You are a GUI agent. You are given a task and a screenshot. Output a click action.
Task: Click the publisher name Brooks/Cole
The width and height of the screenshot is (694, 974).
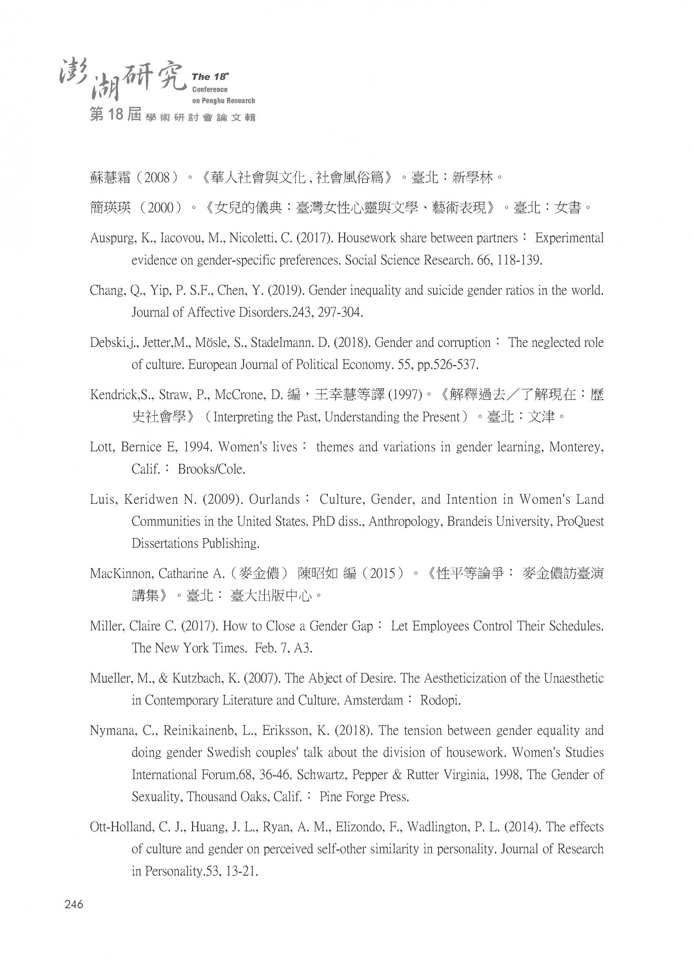(x=211, y=469)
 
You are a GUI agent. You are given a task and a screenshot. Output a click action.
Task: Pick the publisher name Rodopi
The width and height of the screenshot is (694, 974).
(x=440, y=700)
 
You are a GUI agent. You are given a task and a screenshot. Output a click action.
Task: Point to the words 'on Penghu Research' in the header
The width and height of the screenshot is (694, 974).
(x=223, y=101)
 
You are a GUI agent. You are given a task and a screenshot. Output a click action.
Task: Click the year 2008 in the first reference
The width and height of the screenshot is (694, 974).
(x=157, y=177)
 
